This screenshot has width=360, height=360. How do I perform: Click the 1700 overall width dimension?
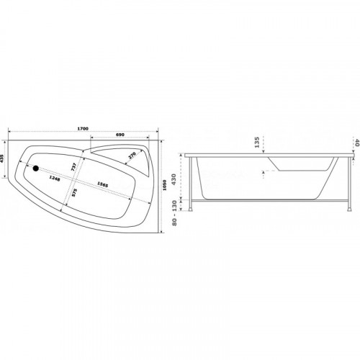coord(83,129)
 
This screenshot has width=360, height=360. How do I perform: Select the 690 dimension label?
coord(120,135)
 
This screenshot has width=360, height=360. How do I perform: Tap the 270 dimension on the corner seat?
coord(132,156)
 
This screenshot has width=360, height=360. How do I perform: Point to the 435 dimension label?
coord(2,159)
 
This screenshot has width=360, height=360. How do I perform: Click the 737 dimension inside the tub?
coord(73,167)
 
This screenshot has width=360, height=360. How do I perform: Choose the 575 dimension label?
coord(74,193)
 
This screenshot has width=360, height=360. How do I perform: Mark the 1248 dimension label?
coord(55,179)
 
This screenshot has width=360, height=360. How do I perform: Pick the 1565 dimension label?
coord(103,184)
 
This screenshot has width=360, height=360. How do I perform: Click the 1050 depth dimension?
coord(164,185)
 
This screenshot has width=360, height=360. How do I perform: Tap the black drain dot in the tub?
coord(36,168)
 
